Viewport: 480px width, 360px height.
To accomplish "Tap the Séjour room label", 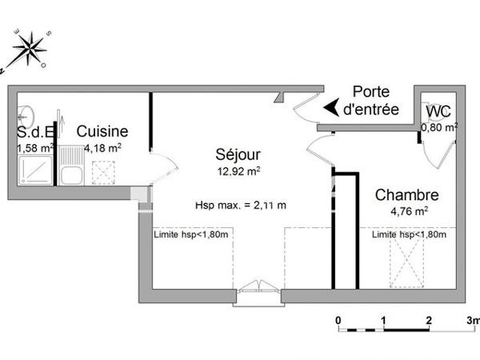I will pyautogui.click(x=237, y=154).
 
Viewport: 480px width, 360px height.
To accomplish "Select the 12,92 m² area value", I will pyautogui.click(x=238, y=171).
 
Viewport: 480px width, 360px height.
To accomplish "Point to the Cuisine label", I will pyautogui.click(x=102, y=130).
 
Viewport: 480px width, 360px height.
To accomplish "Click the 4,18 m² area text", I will pyautogui.click(x=102, y=147).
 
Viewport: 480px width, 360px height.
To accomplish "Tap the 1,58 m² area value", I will pyautogui.click(x=35, y=147).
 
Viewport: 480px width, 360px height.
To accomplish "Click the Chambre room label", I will pyautogui.click(x=406, y=194).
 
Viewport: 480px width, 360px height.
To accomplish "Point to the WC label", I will pyautogui.click(x=438, y=111).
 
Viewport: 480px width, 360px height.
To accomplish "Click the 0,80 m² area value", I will pyautogui.click(x=440, y=126).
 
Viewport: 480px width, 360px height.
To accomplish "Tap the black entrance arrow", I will pyautogui.click(x=330, y=106).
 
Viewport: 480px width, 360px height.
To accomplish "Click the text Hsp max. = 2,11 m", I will pyautogui.click(x=240, y=205).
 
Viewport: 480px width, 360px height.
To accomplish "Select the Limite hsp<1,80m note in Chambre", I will pyautogui.click(x=408, y=235).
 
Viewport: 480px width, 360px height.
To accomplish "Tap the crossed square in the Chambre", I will pyautogui.click(x=404, y=263).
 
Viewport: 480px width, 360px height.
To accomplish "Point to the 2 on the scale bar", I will pyautogui.click(x=429, y=321).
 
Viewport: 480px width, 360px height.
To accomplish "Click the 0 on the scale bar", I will pyautogui.click(x=338, y=321).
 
